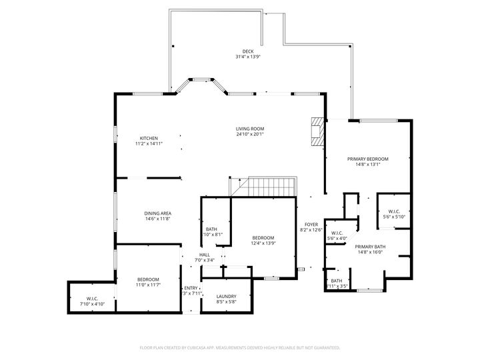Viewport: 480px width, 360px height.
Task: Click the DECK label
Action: tap(248, 51)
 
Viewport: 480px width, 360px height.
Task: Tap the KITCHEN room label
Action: tap(149, 138)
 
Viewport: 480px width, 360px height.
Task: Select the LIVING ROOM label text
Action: tap(250, 129)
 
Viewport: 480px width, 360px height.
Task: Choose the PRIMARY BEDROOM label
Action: tap(367, 159)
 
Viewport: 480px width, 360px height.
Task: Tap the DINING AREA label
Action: tap(158, 213)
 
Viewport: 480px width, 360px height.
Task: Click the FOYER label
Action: tap(311, 224)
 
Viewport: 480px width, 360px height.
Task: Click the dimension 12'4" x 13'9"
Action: tap(263, 243)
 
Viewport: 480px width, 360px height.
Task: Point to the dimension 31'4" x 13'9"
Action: tap(248, 57)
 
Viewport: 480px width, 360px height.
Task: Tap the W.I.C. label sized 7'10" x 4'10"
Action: tap(92, 298)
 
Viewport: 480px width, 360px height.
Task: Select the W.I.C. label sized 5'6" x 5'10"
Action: tap(393, 211)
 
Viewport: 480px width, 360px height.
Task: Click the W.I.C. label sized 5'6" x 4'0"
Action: tap(337, 233)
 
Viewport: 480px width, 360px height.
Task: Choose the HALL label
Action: tap(205, 254)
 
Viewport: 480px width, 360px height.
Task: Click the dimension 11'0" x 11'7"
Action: tap(148, 285)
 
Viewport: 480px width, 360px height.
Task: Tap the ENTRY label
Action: tap(191, 287)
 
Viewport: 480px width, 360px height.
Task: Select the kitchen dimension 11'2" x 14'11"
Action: tap(149, 143)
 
